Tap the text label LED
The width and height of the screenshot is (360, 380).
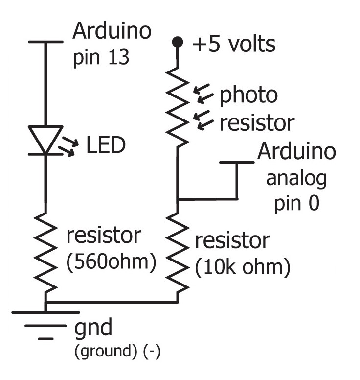pyautogui.click(x=106, y=145)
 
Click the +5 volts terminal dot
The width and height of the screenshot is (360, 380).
pyautogui.click(x=178, y=42)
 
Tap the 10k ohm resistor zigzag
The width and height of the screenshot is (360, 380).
pyautogui.click(x=178, y=253)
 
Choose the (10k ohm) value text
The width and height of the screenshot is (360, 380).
pyautogui.click(x=243, y=268)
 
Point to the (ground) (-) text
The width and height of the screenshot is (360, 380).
pyautogui.click(x=117, y=352)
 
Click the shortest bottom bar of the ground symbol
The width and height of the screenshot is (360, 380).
pyautogui.click(x=45, y=338)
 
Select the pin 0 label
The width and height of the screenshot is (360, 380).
pyautogui.click(x=296, y=202)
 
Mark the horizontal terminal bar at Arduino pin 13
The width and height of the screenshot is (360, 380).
pyautogui.click(x=45, y=42)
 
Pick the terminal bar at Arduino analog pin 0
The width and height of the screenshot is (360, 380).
pyautogui.click(x=237, y=162)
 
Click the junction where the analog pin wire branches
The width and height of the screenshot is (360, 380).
pyautogui.click(x=178, y=199)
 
